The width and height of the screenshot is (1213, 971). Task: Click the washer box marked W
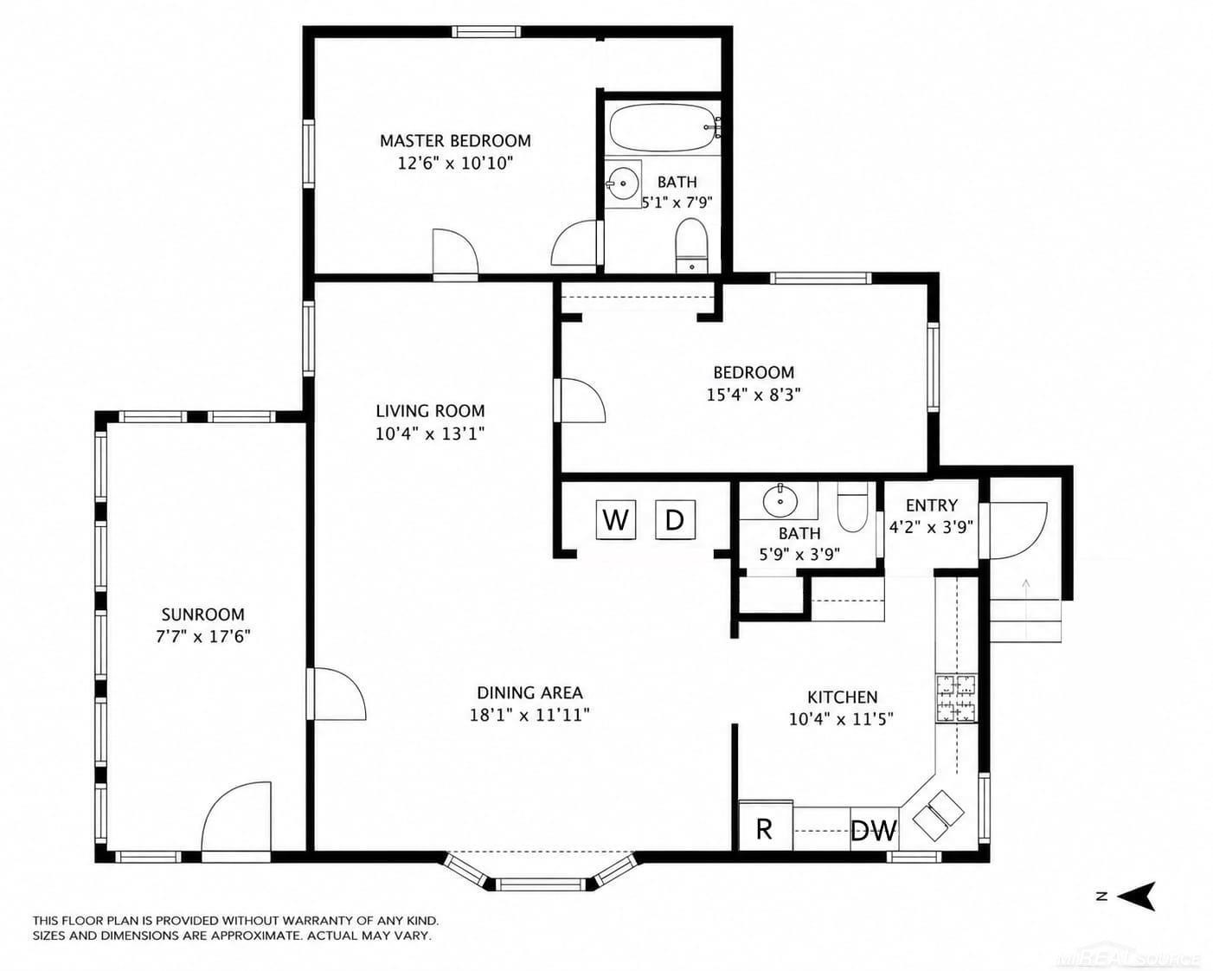point(615,518)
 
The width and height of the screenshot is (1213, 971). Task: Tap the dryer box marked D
point(675,518)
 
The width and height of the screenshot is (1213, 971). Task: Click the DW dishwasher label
point(874,830)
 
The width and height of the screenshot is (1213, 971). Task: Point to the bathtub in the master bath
point(664,129)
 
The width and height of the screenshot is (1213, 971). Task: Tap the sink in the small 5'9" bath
point(780,500)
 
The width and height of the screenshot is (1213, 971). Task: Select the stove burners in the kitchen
point(957,698)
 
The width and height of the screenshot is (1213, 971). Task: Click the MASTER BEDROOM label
point(455,140)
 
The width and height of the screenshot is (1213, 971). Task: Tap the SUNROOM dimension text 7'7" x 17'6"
point(203,637)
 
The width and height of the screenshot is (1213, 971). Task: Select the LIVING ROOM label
point(430,410)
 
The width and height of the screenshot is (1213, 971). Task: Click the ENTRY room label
point(931,505)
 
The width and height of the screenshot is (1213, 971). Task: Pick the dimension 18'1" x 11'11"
point(529,715)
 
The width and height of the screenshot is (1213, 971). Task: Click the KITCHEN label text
point(842,697)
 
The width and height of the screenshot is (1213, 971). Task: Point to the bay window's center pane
point(539,884)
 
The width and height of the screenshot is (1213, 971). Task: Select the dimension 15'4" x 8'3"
point(754,394)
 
